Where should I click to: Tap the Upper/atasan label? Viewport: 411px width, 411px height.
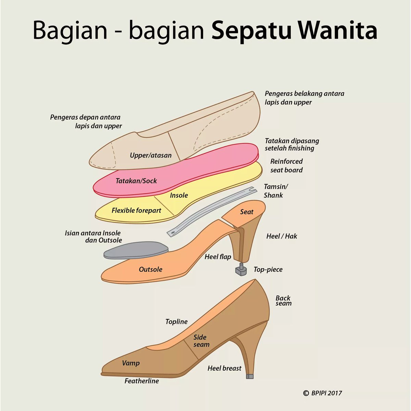150,155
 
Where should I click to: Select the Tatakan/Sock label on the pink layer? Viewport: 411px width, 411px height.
136,180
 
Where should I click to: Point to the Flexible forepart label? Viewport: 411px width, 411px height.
136,210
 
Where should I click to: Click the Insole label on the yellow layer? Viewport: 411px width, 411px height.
179,195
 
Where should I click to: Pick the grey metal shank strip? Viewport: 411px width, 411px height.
209,212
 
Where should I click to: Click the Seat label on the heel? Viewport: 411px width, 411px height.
247,212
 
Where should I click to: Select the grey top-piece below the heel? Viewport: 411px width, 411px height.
242,270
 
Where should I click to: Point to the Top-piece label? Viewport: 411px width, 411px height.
268,269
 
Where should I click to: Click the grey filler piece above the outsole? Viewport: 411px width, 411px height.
135,250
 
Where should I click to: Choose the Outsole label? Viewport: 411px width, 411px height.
150,269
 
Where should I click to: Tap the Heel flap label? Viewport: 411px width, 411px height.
218,257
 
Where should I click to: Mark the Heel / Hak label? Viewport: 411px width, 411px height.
282,236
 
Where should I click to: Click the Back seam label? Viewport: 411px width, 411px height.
283,300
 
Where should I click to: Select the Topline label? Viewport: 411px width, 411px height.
176,321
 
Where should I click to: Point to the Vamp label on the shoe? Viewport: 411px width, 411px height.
130,363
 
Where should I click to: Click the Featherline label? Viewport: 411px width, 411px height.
141,381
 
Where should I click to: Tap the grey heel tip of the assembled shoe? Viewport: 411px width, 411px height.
250,376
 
